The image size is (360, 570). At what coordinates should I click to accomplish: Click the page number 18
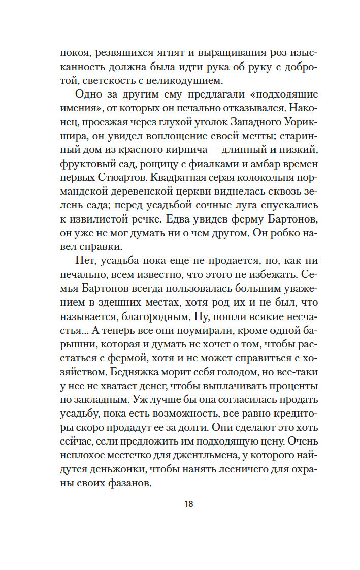[189, 504]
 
